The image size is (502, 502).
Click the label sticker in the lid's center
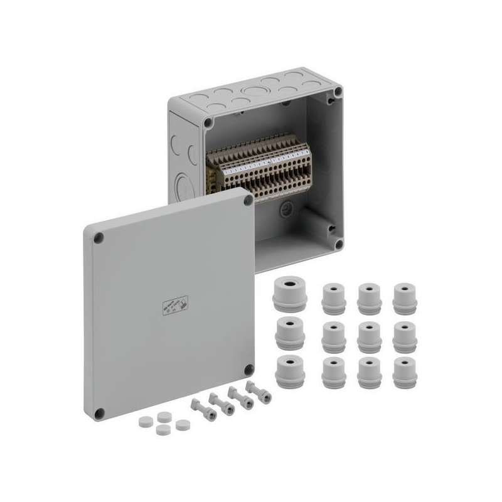click(175, 306)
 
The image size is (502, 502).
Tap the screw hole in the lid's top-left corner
click(98, 238)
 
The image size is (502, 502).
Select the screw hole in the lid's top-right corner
click(248, 200)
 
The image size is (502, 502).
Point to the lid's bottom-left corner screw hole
click(99, 413)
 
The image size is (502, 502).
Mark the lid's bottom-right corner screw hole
click(248, 370)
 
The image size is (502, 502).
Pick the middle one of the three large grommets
click(290, 333)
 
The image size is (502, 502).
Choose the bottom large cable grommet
click(290, 370)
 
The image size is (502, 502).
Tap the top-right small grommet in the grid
click(405, 299)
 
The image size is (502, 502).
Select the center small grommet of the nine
click(369, 337)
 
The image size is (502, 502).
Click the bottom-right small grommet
click(405, 373)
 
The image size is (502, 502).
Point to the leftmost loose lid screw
click(202, 409)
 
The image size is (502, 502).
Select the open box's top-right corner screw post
click(338, 92)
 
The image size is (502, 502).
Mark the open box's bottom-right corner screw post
click(338, 243)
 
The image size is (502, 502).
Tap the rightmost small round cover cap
click(183, 425)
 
